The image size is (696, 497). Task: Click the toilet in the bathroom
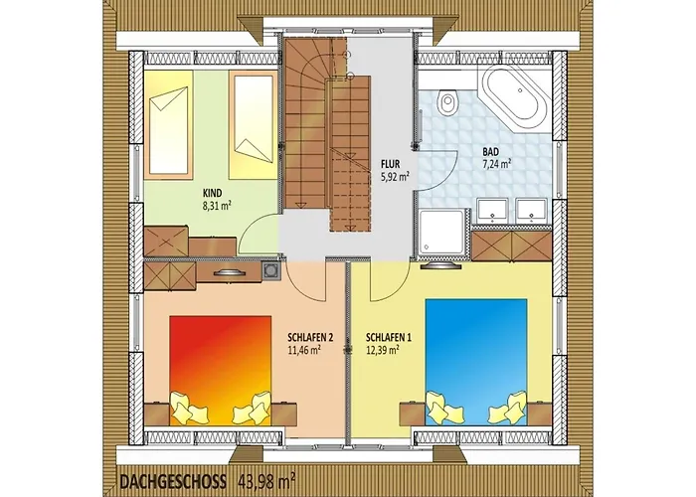click(446, 102)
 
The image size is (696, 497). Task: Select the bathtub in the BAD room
click(514, 94)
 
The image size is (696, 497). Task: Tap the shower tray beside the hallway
click(440, 233)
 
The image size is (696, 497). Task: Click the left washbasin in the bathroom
click(492, 210)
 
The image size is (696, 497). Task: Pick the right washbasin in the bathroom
click(531, 210)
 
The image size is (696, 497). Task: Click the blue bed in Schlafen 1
click(476, 362)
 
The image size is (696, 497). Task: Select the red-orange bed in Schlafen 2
click(220, 371)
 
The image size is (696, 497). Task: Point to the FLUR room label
click(390, 164)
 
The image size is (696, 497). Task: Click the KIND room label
click(212, 193)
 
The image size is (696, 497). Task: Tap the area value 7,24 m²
click(497, 164)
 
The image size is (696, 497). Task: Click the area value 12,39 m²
click(382, 350)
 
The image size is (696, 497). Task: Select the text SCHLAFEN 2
click(310, 338)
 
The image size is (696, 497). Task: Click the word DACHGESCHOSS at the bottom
click(173, 481)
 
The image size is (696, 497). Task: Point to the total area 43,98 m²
click(267, 480)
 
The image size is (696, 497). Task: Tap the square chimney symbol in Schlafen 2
click(270, 270)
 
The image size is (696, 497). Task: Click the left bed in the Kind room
click(168, 124)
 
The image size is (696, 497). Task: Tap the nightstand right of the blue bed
click(539, 414)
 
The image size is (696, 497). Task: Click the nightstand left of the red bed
click(157, 414)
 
